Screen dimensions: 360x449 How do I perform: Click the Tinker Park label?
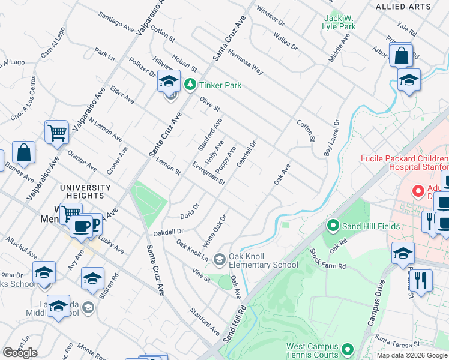220,85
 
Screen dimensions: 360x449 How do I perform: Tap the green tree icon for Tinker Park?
190,85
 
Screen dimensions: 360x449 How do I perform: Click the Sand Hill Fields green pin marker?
333,226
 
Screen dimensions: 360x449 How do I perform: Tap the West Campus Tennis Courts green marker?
347,349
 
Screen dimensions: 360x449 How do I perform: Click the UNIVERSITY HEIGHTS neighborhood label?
86,191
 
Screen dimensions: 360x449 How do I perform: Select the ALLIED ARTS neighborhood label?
403,7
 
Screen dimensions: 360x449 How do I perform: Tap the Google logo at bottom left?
20,353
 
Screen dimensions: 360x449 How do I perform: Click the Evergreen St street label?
208,173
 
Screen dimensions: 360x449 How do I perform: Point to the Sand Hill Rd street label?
235,325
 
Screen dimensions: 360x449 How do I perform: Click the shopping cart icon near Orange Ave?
57,132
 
